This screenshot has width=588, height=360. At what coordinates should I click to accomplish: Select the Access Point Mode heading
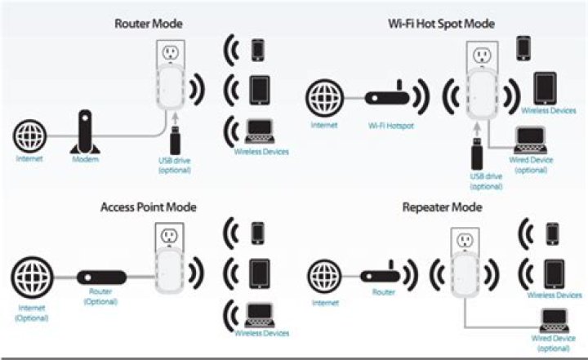149,207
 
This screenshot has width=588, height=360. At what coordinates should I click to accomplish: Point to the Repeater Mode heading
443,207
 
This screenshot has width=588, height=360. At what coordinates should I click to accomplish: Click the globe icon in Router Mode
29,133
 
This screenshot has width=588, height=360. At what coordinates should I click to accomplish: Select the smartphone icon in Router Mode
258,49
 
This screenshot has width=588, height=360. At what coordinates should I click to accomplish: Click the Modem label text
85,159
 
